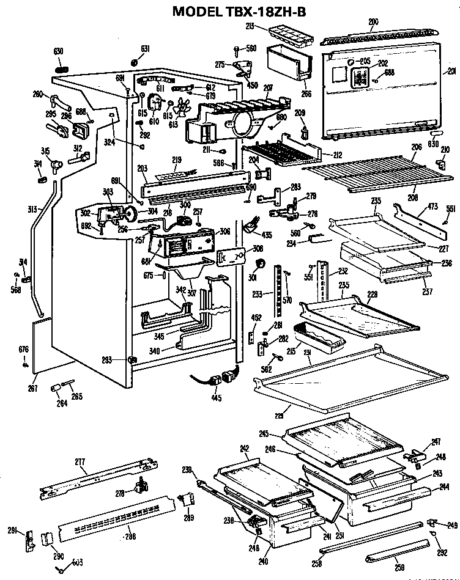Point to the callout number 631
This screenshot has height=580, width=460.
[145, 49]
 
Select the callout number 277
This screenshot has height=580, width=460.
[80, 461]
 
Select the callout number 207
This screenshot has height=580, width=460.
[267, 87]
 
